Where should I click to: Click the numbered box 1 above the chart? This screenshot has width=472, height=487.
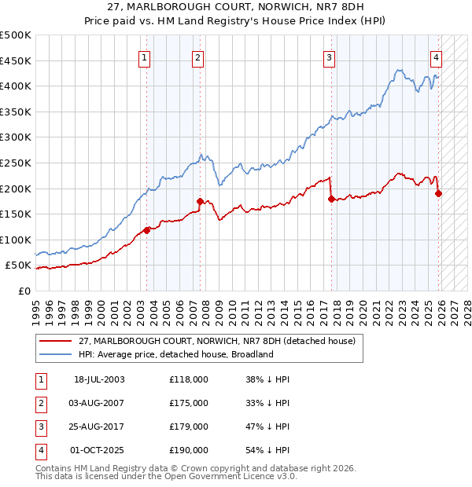click(x=146, y=57)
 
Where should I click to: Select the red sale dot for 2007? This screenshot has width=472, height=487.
click(x=200, y=201)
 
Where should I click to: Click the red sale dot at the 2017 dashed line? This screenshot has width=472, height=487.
click(x=331, y=199)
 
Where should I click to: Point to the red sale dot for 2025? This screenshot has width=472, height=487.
click(x=438, y=193)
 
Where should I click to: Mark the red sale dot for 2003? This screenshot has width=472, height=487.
click(x=146, y=230)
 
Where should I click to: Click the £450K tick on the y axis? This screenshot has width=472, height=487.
click(x=16, y=60)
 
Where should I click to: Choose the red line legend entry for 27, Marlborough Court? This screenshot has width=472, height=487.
click(x=217, y=341)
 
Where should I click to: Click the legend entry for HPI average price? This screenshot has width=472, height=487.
click(x=175, y=354)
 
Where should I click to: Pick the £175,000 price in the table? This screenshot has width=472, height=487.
click(x=189, y=403)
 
